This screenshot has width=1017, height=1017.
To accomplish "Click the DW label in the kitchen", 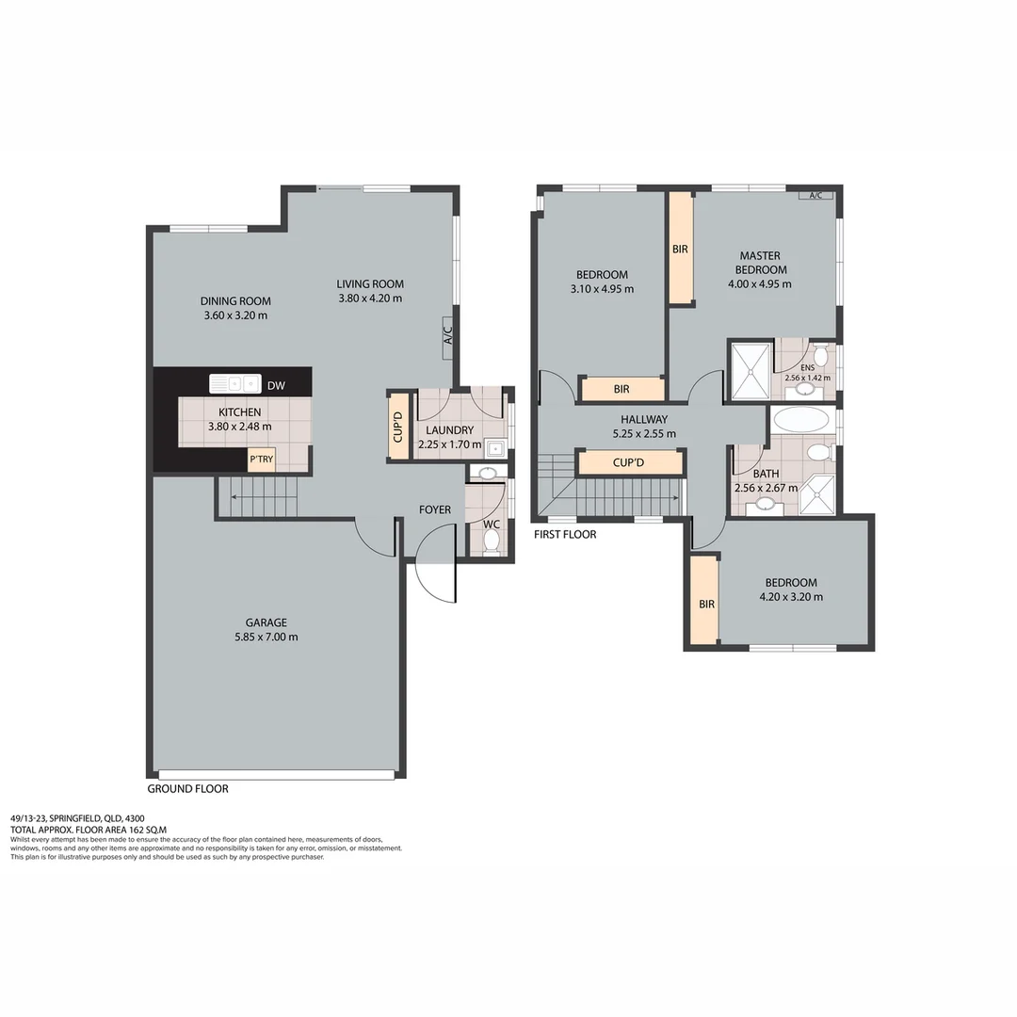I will pos(276,385).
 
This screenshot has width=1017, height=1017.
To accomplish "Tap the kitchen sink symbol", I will pos(234,383).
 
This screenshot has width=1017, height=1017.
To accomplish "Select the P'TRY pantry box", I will pos(261,460).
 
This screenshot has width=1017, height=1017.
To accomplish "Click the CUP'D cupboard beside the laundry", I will pos(398,425).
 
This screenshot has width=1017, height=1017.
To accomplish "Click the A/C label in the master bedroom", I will pos(815,195).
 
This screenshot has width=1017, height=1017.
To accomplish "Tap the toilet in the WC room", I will pos(491,540).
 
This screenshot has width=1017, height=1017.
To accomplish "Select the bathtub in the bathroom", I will pos(800,420).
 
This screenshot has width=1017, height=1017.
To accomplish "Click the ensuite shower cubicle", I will pos(751,370).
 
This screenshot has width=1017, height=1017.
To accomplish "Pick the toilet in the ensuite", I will pos(820,356).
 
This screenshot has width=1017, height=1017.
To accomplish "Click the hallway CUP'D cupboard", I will pos(630,462).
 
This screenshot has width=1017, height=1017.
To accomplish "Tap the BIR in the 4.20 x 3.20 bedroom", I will pos(703,601).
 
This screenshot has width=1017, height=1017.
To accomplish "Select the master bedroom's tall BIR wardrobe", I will pos(681,249).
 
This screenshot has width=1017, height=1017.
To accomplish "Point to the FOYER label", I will pos(435,510).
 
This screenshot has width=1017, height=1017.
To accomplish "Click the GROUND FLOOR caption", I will pos(187,789).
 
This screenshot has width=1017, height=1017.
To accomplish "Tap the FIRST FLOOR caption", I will pos(565,534).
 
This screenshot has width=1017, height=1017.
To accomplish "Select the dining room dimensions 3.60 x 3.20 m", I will pos(235,315).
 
